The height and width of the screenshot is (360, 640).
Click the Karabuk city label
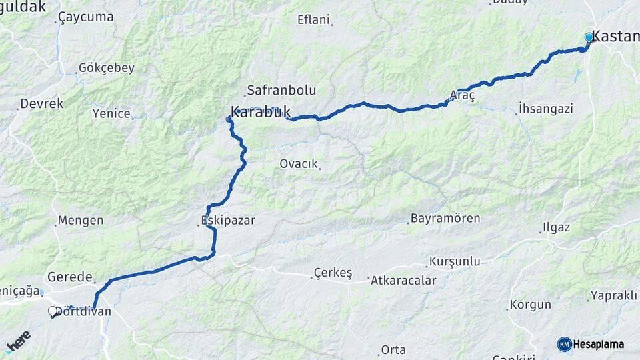click(x=260, y=112)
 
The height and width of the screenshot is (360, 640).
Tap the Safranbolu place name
click(x=281, y=90)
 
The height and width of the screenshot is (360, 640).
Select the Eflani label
click(x=313, y=19)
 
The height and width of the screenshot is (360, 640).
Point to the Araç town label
click(x=463, y=96)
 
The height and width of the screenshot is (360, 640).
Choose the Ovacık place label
click(x=298, y=163)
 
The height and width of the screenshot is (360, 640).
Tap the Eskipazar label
click(x=228, y=220)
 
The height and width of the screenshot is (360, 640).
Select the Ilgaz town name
click(x=555, y=227)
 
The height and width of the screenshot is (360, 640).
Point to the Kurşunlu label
click(x=455, y=261)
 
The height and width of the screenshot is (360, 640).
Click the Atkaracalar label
click(x=403, y=280)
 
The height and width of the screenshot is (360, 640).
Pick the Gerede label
click(x=69, y=277)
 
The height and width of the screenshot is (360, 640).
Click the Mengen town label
click(x=81, y=220)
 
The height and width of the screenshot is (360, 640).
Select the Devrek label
click(x=42, y=103)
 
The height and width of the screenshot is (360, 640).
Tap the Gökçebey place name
click(x=107, y=67)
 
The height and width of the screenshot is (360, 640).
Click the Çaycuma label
click(x=86, y=17)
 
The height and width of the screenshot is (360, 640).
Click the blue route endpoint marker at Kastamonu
click(x=589, y=37)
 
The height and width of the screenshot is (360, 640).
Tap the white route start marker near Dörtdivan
click(x=52, y=311)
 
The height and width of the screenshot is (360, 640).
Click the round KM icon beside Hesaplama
click(x=564, y=344)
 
